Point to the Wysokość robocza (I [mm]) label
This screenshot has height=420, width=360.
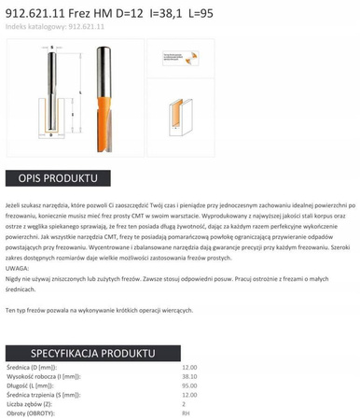(41, 376)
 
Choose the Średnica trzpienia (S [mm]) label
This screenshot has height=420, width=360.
(43, 394)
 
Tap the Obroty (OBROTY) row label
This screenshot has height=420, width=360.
(29, 412)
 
